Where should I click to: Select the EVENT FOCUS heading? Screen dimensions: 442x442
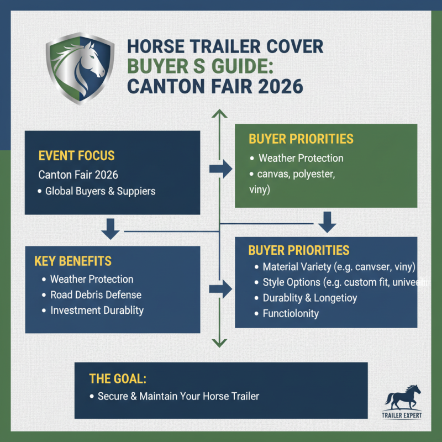(77, 155)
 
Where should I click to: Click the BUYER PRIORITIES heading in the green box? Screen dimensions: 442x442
(301, 138)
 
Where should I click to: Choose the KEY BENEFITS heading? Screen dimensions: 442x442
(72, 261)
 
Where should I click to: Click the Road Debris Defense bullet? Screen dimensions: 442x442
(96, 295)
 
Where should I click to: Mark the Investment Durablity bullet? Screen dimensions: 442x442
(97, 310)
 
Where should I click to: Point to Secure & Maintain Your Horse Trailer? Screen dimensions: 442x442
(178, 396)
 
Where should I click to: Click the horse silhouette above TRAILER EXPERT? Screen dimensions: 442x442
(403, 397)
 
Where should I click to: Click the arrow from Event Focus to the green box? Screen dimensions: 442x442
(220, 170)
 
